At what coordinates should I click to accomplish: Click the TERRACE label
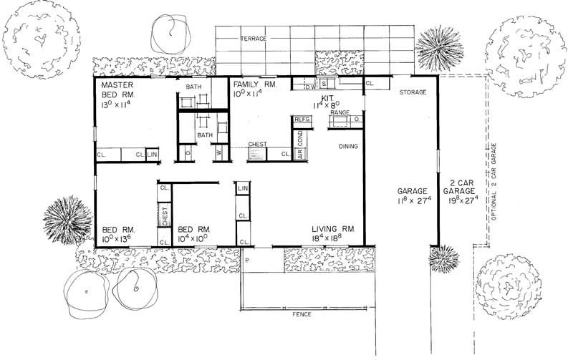coord(254,37)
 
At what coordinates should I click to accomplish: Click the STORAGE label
coord(413,92)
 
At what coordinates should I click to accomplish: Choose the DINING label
coord(349,146)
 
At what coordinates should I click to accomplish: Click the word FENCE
coord(304,314)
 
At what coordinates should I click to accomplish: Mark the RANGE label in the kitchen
coord(340,113)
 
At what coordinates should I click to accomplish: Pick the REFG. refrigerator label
coord(301,119)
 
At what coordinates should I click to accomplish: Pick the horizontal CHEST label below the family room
coord(258,145)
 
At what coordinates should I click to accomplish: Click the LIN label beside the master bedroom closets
coord(152,154)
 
